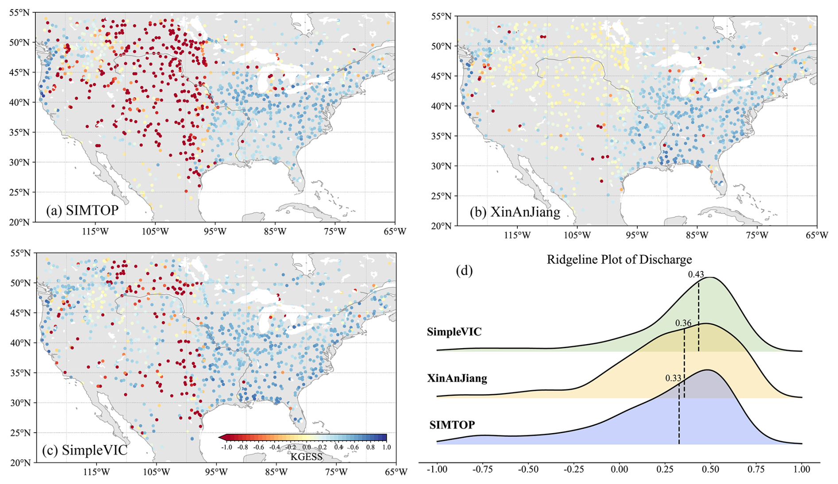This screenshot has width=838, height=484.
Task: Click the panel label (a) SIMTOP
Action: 82,210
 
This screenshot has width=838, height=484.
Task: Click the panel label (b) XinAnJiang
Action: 515,212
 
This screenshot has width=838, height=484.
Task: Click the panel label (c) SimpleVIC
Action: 85,450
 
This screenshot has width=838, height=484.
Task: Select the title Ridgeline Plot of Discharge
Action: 619,259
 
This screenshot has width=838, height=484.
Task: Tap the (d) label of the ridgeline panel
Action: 465,270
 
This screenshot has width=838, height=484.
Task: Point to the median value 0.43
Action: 696,275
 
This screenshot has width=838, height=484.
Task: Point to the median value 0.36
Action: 683,323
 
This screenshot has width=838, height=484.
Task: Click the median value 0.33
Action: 673,378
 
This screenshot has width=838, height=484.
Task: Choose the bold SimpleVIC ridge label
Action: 454,332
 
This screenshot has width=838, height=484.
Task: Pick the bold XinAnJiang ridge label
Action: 457,378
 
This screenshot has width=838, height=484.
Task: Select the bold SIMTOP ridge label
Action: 452,425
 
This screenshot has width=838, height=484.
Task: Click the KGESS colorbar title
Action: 306,457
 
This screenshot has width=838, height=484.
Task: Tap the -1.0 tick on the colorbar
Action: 226,447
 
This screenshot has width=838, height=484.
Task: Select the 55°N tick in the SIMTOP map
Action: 19,12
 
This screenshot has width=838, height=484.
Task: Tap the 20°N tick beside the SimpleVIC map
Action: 20,463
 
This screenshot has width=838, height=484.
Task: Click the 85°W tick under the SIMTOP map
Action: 275,231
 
